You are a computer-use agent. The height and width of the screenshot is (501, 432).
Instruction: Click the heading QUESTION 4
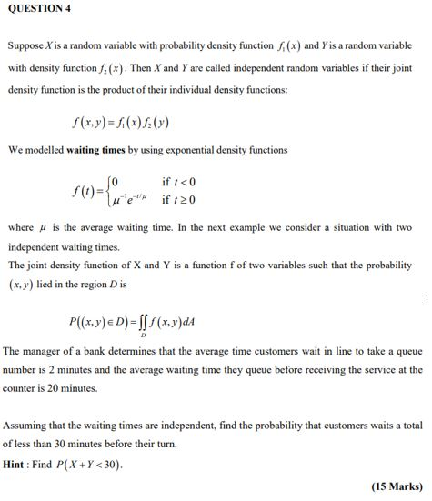(x=37, y=8)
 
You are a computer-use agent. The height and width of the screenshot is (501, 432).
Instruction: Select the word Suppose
(x=26, y=45)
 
